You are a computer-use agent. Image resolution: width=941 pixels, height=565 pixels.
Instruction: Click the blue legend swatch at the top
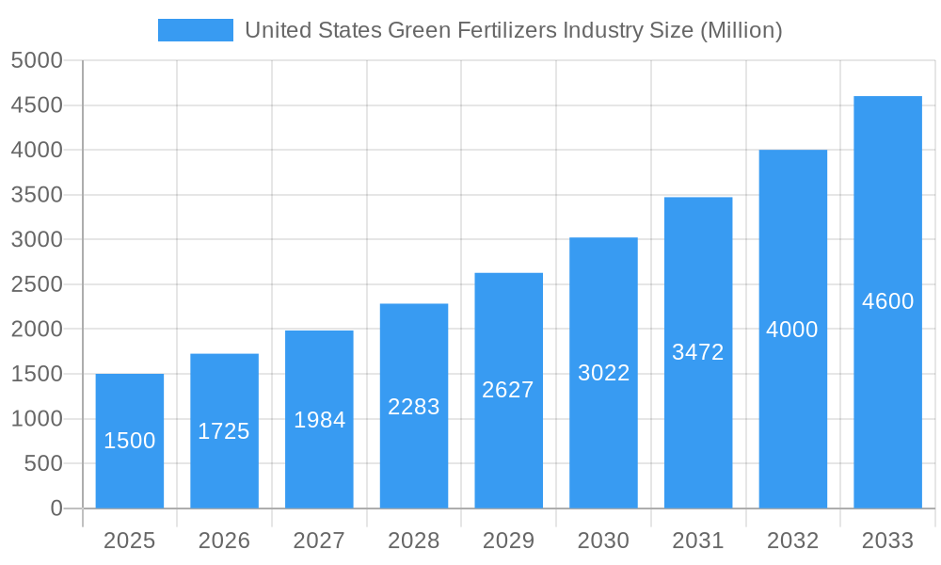coord(195,30)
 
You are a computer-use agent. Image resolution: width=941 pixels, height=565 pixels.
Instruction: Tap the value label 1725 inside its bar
coord(224,431)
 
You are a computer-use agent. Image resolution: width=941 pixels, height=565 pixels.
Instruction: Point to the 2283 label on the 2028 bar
coord(414,407)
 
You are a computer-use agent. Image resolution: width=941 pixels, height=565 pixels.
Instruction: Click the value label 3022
coord(603,373)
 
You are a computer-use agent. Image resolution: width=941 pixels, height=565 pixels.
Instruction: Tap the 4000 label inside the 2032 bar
coord(792,330)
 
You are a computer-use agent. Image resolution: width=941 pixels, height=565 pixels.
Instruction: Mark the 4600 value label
coord(887,301)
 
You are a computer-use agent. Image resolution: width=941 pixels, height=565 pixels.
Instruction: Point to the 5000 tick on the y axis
coord(36,60)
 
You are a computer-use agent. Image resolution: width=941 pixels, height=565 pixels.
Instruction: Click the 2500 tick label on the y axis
coord(36,284)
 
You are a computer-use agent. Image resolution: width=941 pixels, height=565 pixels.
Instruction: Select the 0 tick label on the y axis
coord(56,508)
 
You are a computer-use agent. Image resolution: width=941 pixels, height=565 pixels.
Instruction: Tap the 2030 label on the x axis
coord(603,541)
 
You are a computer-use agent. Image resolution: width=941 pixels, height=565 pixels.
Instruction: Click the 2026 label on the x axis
coord(224,541)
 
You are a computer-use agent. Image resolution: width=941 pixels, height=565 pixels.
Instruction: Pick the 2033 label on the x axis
coord(887,541)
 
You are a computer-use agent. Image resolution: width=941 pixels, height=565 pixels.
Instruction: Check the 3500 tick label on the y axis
coord(36,195)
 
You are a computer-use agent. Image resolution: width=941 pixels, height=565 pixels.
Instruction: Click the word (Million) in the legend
coord(741,30)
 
